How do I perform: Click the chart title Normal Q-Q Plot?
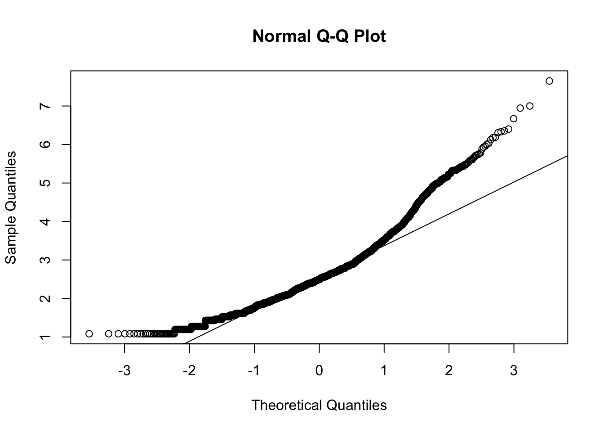[319, 36]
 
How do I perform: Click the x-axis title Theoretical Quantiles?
[319, 405]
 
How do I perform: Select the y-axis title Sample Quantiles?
[10, 207]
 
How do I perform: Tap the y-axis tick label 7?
[44, 106]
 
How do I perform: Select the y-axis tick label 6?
[44, 144]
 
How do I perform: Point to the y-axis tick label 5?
[44, 183]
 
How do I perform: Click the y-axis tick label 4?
[44, 221]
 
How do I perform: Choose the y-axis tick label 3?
[44, 260]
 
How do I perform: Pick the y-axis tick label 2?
[44, 298]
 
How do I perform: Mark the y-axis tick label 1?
[44, 337]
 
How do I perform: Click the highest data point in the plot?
[549, 81]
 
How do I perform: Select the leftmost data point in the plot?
[89, 333]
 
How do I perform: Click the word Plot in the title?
[369, 36]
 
